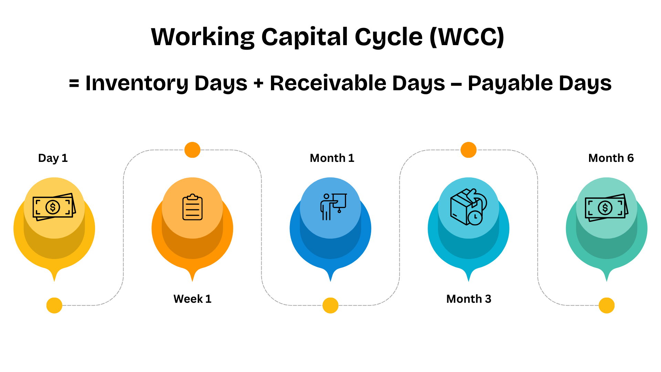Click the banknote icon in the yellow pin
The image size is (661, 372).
54,207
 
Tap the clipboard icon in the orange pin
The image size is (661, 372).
192,207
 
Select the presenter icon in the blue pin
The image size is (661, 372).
332,207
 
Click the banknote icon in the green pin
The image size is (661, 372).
606,207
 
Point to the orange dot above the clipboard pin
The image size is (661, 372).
192,150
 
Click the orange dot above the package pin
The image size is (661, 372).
469,150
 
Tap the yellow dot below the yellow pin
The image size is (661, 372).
54,305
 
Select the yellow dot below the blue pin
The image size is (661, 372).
330,305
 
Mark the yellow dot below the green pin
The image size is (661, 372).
607,305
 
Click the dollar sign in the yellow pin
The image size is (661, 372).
53,207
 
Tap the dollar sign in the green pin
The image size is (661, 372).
605,208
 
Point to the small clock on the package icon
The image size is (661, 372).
475,217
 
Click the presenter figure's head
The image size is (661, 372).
326,196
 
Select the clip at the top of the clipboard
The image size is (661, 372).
192,197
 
